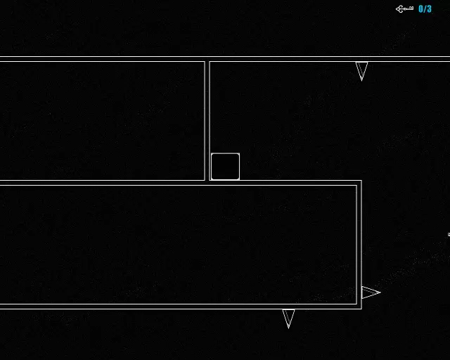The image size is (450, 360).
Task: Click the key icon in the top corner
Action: coord(404,9)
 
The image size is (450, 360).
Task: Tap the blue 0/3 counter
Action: coord(425,9)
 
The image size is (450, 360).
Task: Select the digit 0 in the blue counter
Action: coord(421,9)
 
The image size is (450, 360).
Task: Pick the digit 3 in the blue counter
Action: coord(429,9)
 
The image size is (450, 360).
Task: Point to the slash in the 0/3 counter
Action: coord(425,9)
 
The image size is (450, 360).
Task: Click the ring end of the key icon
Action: coord(399,9)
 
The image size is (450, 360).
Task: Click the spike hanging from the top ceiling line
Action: coord(361,69)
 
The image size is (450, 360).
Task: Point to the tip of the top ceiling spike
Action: coord(361,79)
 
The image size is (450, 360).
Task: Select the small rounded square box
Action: coord(225,167)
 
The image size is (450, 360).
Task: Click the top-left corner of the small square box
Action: coord(212,154)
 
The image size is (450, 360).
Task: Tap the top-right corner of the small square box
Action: coord(238,154)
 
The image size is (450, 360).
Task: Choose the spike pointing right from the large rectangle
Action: coord(368,292)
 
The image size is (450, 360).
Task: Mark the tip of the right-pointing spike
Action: coord(380,292)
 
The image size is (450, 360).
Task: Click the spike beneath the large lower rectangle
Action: coord(288,316)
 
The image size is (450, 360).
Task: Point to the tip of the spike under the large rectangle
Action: coord(288,328)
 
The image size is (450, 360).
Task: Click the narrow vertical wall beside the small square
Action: coord(207,120)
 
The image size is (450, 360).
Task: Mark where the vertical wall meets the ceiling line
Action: coord(207,61)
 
